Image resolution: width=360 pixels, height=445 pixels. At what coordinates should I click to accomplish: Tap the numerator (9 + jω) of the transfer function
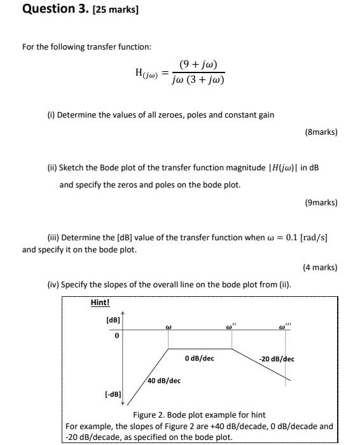[x=202, y=65]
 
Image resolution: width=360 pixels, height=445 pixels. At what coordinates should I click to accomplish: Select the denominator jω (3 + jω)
[x=199, y=81]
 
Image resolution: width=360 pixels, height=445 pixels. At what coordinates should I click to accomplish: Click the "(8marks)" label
[x=321, y=133]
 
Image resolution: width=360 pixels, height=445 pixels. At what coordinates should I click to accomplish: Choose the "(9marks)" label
[x=321, y=203]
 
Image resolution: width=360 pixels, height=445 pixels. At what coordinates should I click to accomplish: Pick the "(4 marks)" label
[x=320, y=268]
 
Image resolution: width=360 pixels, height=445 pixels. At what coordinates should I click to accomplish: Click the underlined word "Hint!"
[x=100, y=303]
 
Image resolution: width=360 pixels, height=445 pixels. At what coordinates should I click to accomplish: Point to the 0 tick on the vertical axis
[x=117, y=336]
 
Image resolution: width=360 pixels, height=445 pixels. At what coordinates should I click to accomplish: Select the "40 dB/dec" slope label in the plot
[x=164, y=381]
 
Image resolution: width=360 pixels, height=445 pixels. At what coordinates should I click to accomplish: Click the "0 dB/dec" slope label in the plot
[x=199, y=359]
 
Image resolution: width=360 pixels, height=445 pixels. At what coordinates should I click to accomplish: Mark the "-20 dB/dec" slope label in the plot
[x=277, y=359]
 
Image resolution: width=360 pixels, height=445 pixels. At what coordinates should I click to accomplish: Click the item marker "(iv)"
[x=54, y=284]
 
